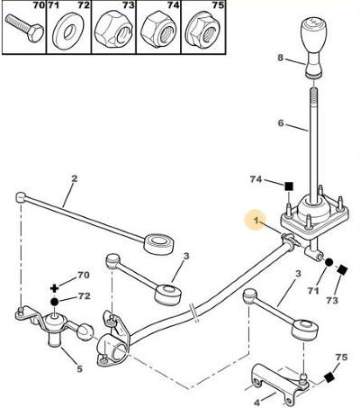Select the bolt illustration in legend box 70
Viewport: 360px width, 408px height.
24,29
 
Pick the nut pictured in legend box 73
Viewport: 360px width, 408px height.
112,29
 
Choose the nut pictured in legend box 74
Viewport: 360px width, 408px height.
157,29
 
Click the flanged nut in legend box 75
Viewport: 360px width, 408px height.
203,30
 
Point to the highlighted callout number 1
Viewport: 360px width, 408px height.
256,221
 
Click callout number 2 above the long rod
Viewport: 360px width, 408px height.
74,178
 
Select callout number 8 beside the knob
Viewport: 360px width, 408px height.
280,58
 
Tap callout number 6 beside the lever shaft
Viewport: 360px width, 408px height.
281,123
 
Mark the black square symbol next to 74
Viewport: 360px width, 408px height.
289,186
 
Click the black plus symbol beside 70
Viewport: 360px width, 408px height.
54,288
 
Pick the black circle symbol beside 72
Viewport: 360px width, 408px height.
54,302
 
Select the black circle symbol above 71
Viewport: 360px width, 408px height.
328,262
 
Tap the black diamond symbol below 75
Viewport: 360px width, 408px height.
329,377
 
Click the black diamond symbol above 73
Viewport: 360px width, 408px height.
342,269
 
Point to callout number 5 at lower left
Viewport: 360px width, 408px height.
79,368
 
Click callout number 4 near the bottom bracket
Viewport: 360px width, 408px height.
256,401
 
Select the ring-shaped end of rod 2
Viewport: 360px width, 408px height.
158,243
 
